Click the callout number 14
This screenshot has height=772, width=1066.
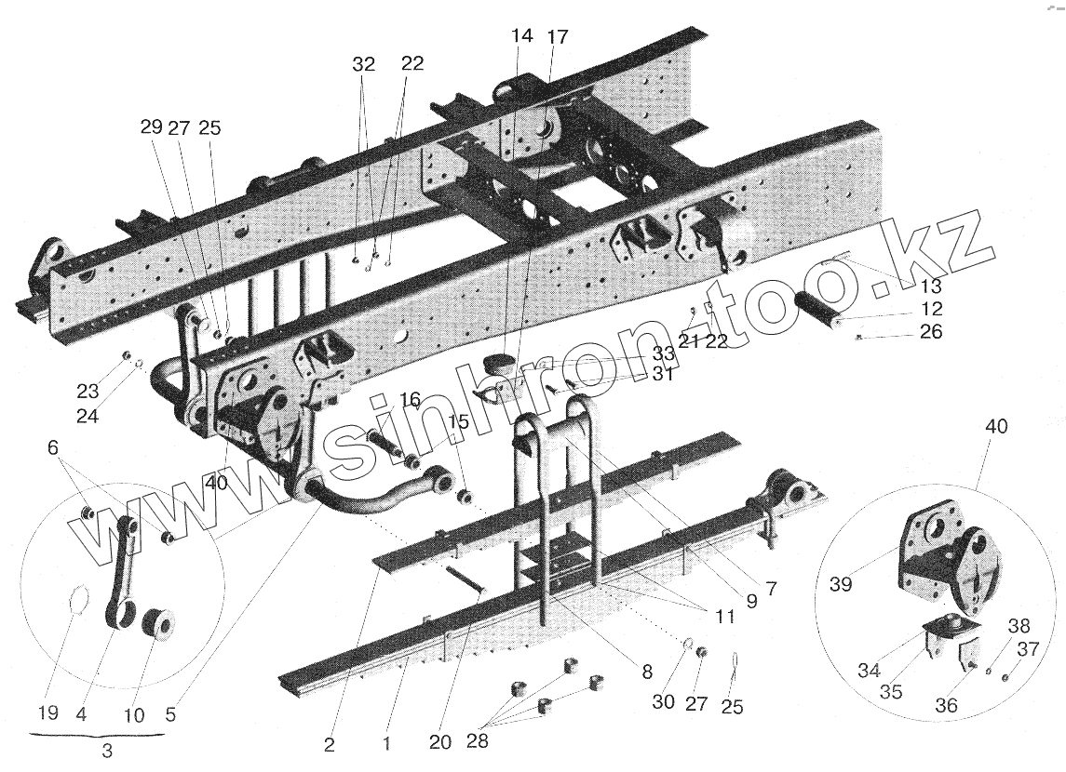click(x=521, y=36)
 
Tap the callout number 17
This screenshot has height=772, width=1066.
click(x=557, y=36)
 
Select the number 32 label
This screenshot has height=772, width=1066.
click(x=363, y=64)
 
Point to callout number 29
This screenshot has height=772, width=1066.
click(x=152, y=129)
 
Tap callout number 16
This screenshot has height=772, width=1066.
click(x=411, y=400)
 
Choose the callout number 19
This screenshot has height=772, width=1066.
click(x=48, y=714)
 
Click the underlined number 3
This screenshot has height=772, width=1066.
click(x=107, y=752)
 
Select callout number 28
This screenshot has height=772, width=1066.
click(x=478, y=741)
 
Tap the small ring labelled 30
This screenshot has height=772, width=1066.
click(x=686, y=643)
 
